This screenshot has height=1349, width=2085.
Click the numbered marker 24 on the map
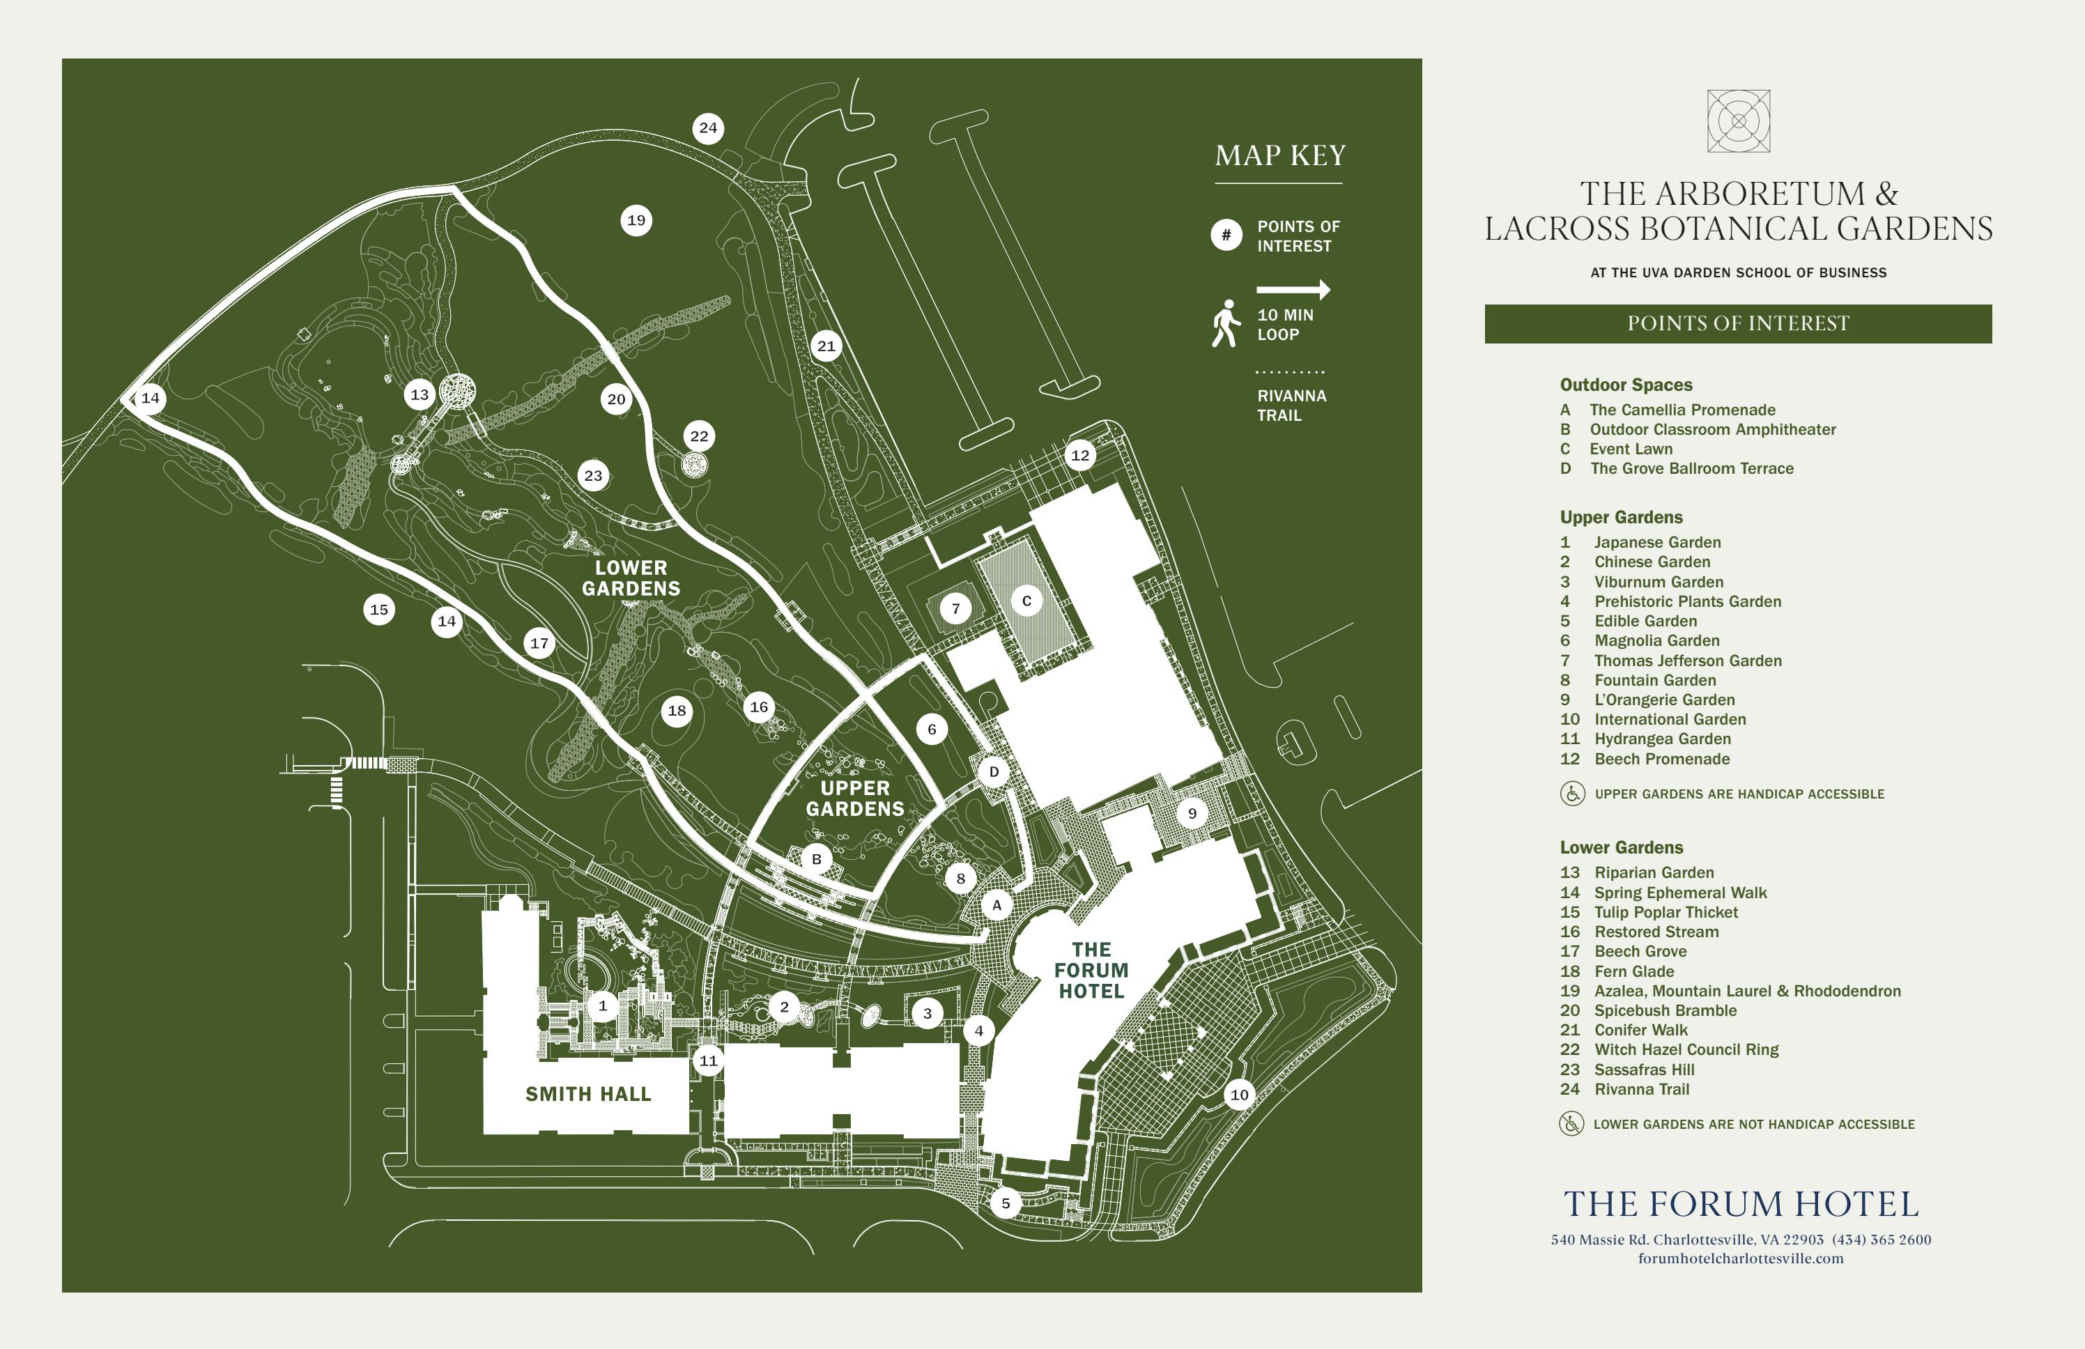pos(708,129)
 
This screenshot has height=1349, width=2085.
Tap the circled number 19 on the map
pos(637,221)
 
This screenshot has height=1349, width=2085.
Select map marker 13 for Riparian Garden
pos(420,395)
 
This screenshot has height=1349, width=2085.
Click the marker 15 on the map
pos(379,610)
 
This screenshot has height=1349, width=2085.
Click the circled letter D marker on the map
pos(994,773)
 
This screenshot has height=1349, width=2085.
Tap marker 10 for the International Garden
pos(1239,1095)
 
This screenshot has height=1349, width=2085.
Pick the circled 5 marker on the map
pos(1006,1203)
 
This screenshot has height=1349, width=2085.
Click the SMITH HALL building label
pos(588,1094)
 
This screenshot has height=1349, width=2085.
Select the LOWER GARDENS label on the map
pos(631,579)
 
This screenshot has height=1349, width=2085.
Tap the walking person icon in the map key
pos(1226,323)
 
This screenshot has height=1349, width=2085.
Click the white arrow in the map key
pos(1293,290)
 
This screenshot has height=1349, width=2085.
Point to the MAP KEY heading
pos(1280,156)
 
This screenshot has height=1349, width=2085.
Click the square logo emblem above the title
pos(1738,121)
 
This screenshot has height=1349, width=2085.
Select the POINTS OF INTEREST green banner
pos(1738,324)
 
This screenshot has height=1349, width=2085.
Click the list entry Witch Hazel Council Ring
pos(1686,1049)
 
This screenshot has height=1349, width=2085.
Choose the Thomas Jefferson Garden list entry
pos(1687,661)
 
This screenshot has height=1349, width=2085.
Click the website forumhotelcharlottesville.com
pos(1740,1259)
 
